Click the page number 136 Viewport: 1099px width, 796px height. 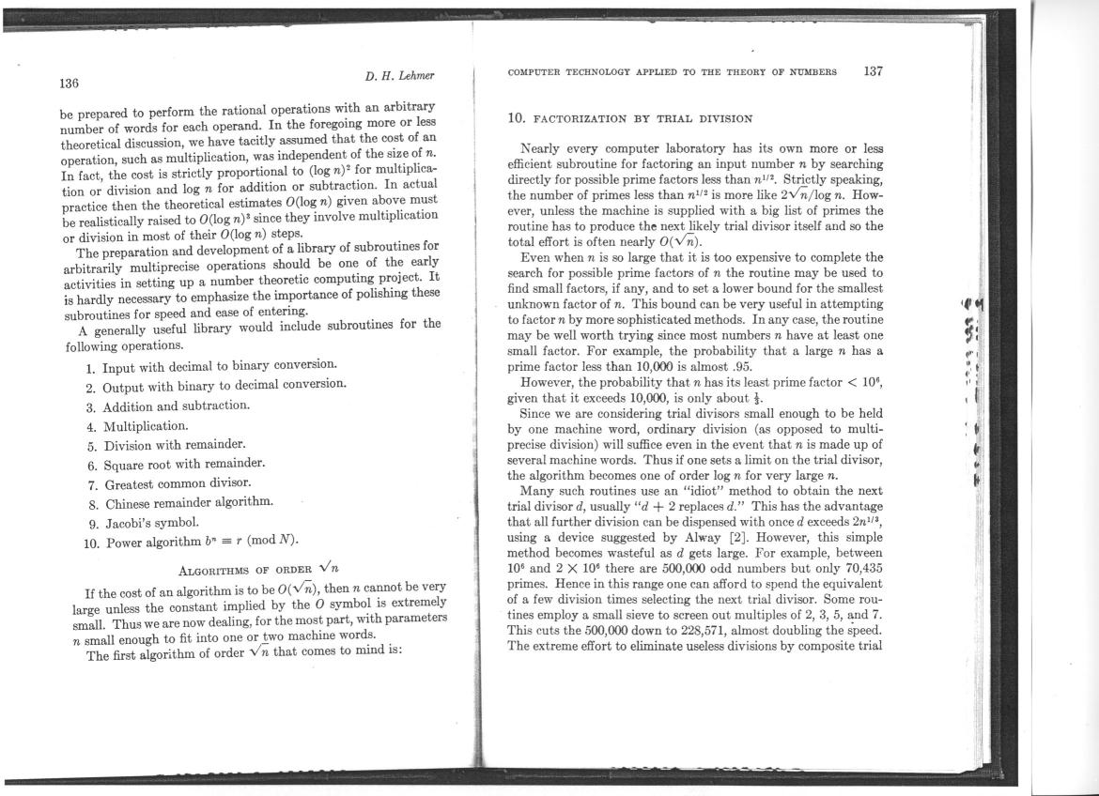pos(70,83)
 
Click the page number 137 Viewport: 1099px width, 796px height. pos(873,71)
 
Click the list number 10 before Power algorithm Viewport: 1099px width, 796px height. pos(91,541)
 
